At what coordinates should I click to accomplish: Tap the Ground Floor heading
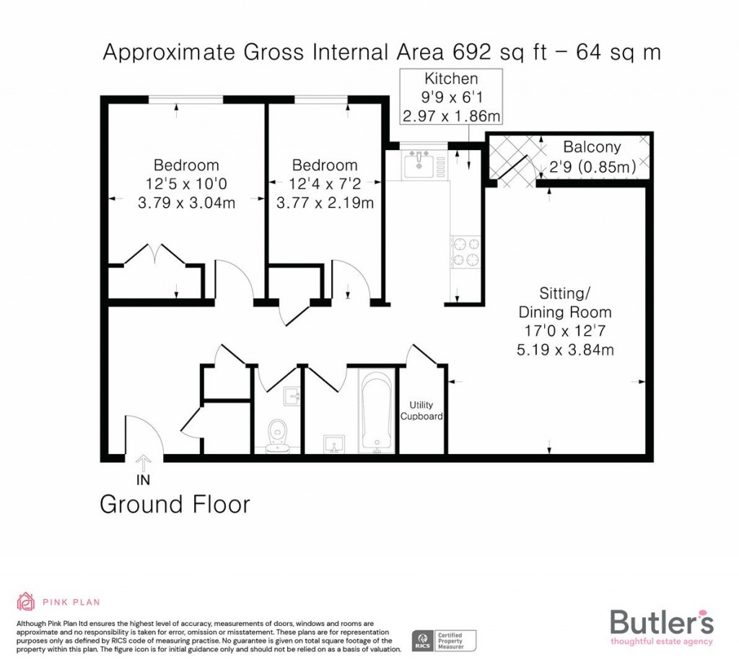[175, 504]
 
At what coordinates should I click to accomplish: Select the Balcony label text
[592, 147]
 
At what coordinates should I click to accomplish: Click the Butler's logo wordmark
[662, 622]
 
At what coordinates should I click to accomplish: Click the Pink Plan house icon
[26, 601]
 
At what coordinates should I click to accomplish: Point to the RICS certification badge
[444, 639]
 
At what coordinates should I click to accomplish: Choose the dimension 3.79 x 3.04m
[186, 203]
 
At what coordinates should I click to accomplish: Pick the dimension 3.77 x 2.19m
[325, 203]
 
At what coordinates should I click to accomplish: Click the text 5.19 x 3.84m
[565, 350]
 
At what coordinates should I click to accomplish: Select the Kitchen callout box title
[451, 79]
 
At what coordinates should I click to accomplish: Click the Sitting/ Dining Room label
[565, 303]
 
